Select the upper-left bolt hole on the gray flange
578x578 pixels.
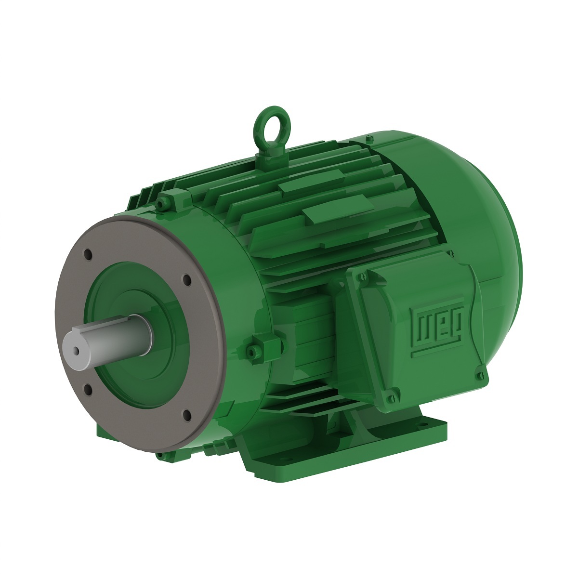click(88, 254)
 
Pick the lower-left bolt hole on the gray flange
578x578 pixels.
click(88, 389)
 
